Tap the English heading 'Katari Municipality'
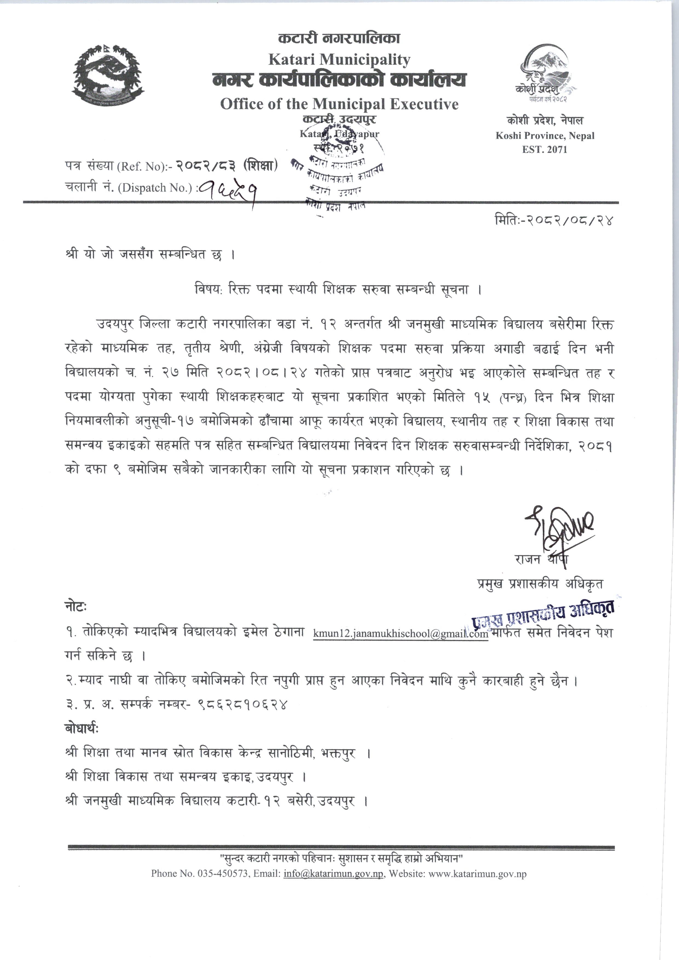click(x=339, y=60)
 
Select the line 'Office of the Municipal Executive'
click(x=339, y=104)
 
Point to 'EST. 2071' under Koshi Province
click(x=545, y=149)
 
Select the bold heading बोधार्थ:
click(x=82, y=729)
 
